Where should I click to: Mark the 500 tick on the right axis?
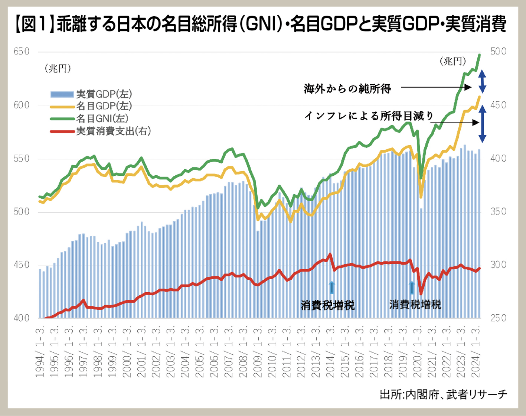click(498, 52)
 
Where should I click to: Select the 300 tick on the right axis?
click(498, 265)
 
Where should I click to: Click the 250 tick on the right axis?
click(498, 318)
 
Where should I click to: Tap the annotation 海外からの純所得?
click(347, 89)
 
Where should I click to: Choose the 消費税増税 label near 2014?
click(327, 306)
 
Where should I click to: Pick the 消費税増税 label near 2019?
click(415, 305)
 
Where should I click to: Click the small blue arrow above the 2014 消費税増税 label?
click(331, 287)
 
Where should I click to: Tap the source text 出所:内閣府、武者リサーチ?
click(443, 394)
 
